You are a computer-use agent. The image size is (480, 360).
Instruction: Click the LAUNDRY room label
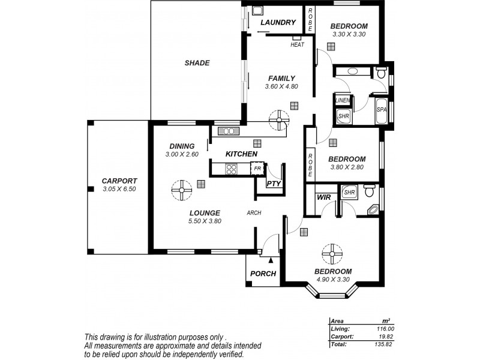click(x=278, y=23)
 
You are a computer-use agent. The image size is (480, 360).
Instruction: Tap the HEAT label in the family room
click(x=297, y=44)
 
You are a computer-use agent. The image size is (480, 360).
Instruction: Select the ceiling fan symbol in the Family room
click(x=278, y=119)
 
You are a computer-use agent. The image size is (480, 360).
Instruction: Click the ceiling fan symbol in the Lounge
click(x=182, y=191)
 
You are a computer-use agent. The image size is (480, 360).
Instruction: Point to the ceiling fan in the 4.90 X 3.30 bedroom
click(x=331, y=254)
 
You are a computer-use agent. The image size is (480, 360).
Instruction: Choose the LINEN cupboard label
click(x=343, y=100)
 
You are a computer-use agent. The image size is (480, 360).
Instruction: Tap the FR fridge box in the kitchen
click(x=257, y=169)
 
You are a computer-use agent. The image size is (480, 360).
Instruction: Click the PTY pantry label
click(x=274, y=184)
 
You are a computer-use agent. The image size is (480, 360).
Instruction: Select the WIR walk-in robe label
click(x=324, y=197)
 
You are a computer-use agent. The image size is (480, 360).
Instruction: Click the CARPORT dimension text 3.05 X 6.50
click(x=119, y=189)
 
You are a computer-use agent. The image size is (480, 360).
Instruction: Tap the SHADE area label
click(x=197, y=63)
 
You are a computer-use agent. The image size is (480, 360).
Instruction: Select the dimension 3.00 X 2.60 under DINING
click(x=182, y=154)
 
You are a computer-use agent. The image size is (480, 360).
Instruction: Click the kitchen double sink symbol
click(x=228, y=131)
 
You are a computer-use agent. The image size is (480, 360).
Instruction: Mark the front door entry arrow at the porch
click(x=271, y=260)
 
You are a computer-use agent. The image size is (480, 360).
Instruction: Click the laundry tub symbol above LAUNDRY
click(x=257, y=10)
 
